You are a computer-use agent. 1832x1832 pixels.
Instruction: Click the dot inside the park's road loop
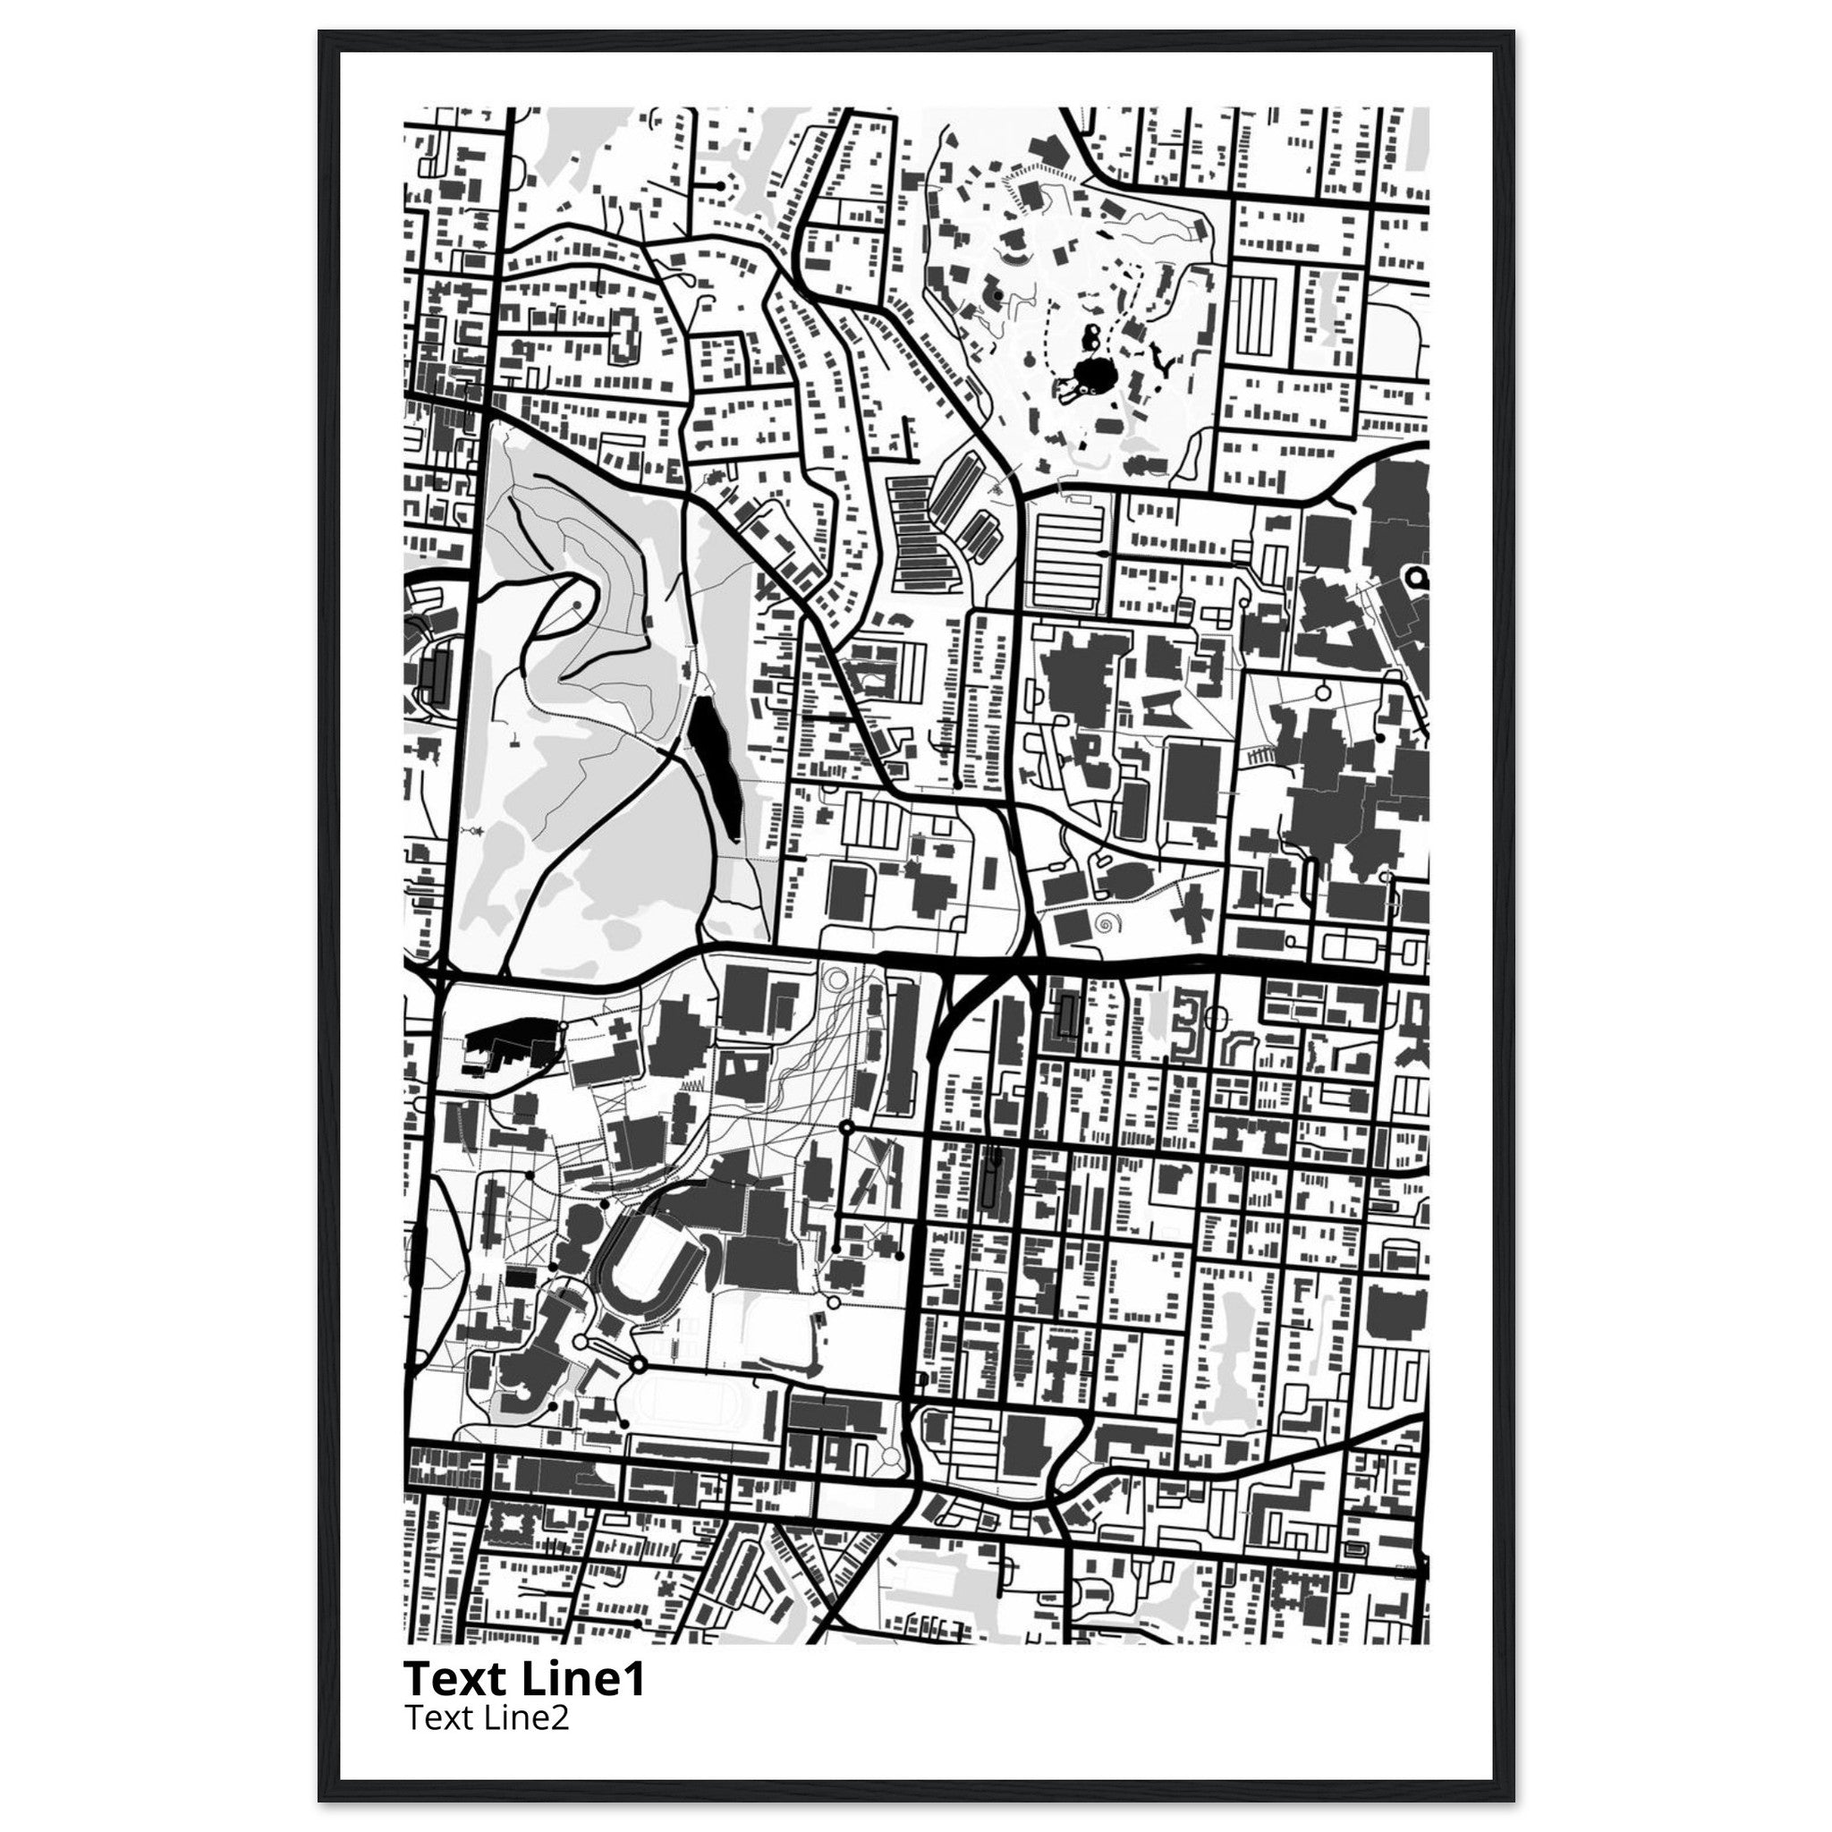coord(575,603)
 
